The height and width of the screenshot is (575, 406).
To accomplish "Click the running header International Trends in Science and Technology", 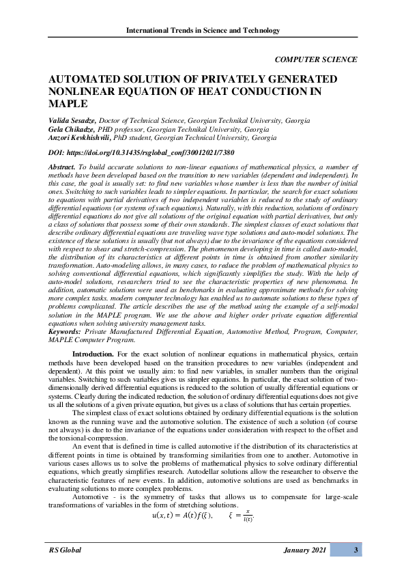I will (x=203, y=30).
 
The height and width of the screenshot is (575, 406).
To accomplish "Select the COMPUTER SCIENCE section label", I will (x=316, y=59).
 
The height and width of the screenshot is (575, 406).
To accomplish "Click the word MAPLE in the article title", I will (x=68, y=104).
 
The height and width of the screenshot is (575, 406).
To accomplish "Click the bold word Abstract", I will (x=62, y=167).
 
